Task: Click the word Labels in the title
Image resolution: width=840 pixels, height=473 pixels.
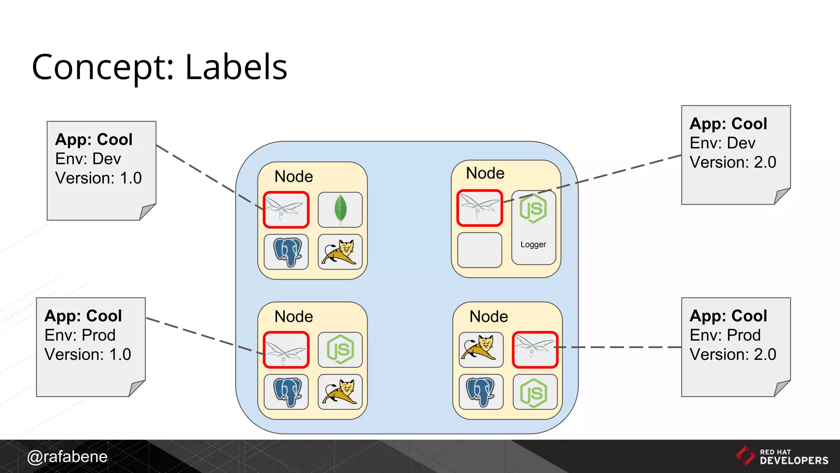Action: (236, 67)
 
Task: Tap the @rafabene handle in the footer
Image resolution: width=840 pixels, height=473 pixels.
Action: (67, 457)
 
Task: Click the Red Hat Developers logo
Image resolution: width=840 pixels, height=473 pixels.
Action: (782, 456)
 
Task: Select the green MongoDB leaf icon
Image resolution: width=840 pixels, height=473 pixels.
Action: (340, 209)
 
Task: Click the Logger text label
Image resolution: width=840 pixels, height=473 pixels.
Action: (533, 245)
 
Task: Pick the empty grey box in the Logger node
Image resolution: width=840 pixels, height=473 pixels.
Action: (479, 250)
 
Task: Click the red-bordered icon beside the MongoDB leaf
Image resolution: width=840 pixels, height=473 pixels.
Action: (286, 209)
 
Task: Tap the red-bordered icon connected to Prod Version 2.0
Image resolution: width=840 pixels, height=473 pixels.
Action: (535, 349)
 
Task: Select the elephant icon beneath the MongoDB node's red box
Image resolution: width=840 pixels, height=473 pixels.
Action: (286, 252)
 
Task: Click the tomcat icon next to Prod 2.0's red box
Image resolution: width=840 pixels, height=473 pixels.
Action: (481, 349)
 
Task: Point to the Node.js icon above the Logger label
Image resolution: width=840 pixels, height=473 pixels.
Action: (533, 209)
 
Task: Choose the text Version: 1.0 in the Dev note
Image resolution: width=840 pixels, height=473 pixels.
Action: (98, 178)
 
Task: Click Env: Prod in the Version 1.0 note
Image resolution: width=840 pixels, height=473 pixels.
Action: (80, 335)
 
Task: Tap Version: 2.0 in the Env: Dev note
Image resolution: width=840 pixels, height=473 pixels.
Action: (733, 162)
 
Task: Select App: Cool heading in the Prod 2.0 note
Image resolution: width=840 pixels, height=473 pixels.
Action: (728, 316)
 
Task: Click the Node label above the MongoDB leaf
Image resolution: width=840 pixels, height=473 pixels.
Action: (294, 177)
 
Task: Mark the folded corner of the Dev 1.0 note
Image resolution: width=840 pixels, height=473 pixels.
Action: (147, 212)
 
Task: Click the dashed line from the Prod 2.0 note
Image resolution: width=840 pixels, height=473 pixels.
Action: (619, 347)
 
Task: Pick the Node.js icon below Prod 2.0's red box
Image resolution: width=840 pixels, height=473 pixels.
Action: (535, 392)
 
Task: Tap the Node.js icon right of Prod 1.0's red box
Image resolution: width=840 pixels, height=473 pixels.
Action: (340, 349)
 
